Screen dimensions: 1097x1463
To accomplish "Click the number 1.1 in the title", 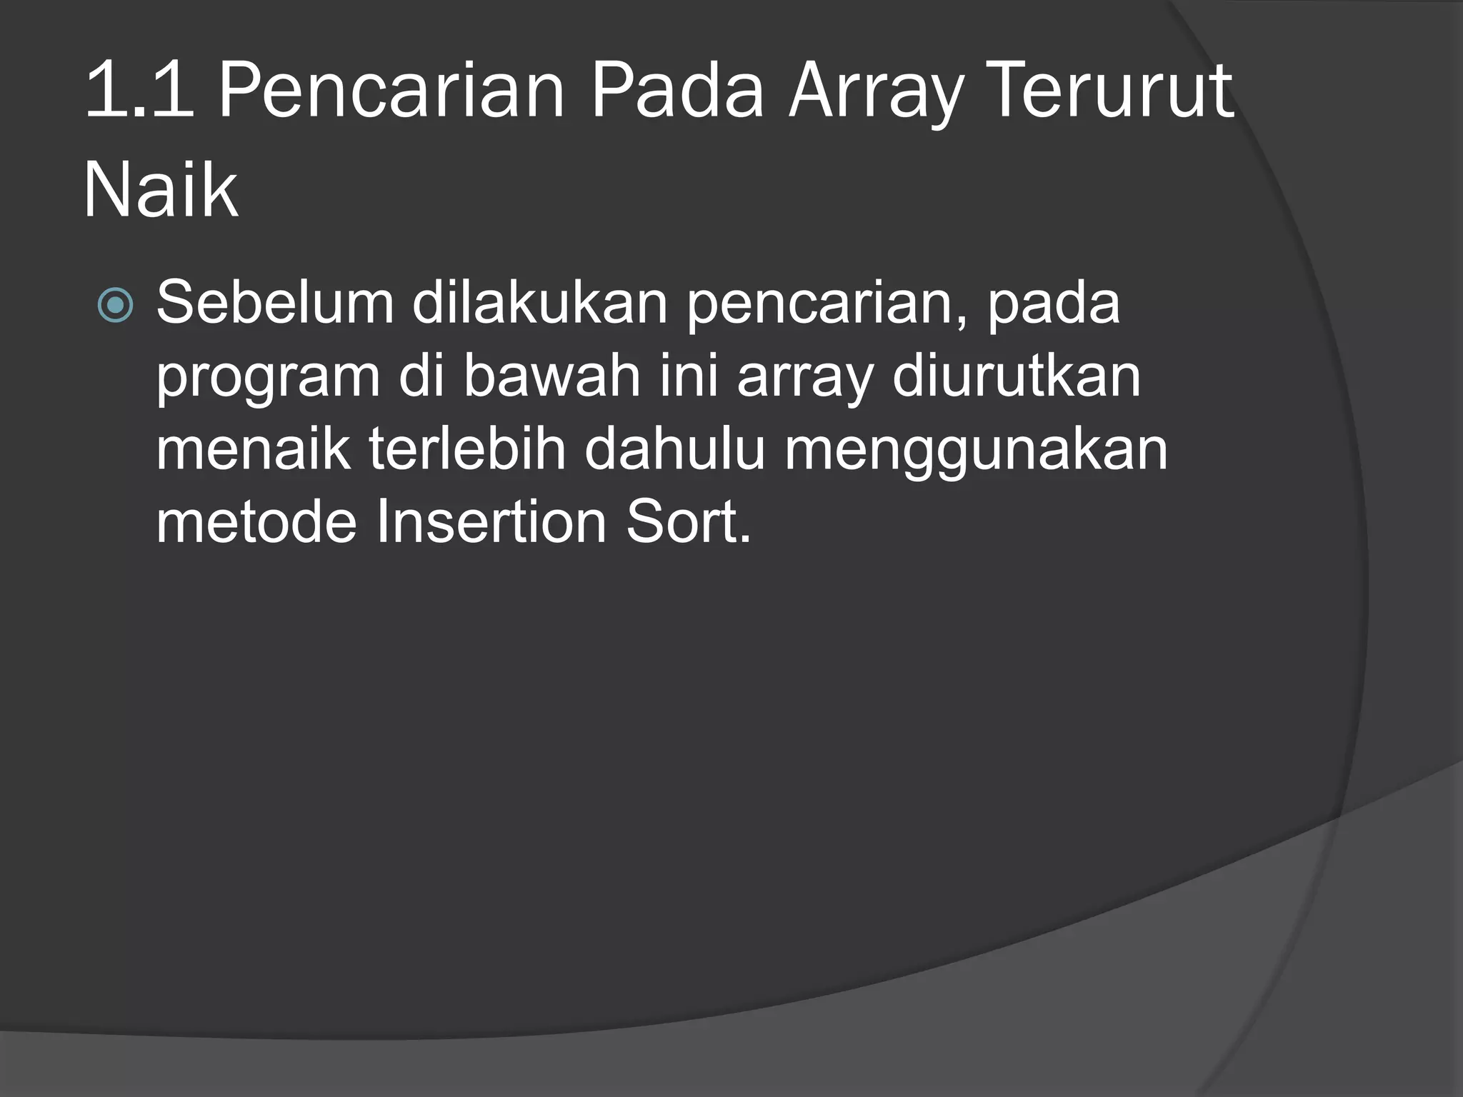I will pyautogui.click(x=139, y=91).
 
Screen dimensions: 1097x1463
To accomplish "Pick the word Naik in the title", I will pyautogui.click(x=160, y=190).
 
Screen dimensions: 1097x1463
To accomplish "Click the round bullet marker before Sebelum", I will pyautogui.click(x=115, y=306).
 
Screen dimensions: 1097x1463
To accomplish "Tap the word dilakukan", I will pyautogui.click(x=539, y=303).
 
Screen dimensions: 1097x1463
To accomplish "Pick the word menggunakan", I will pyautogui.click(x=976, y=452).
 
